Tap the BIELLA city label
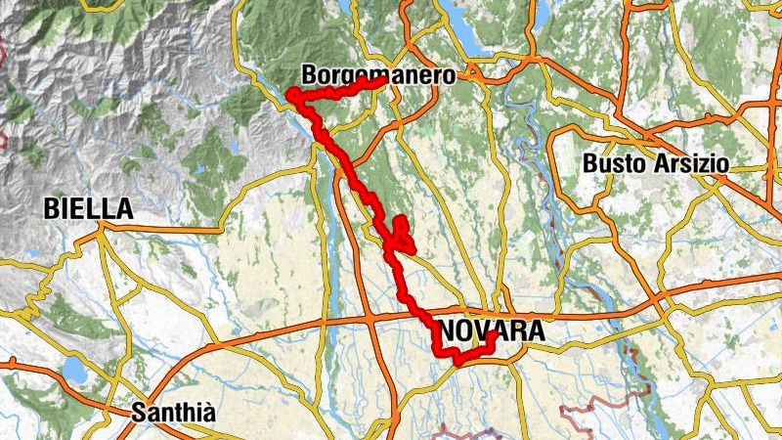pyautogui.click(x=88, y=208)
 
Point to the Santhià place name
pyautogui.click(x=172, y=411)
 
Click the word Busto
pyautogui.click(x=613, y=164)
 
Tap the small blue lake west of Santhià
pyautogui.click(x=72, y=369)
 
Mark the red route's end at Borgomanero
pyautogui.click(x=379, y=82)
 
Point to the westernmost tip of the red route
pyautogui.click(x=290, y=94)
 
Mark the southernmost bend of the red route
pyautogui.click(x=456, y=363)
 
